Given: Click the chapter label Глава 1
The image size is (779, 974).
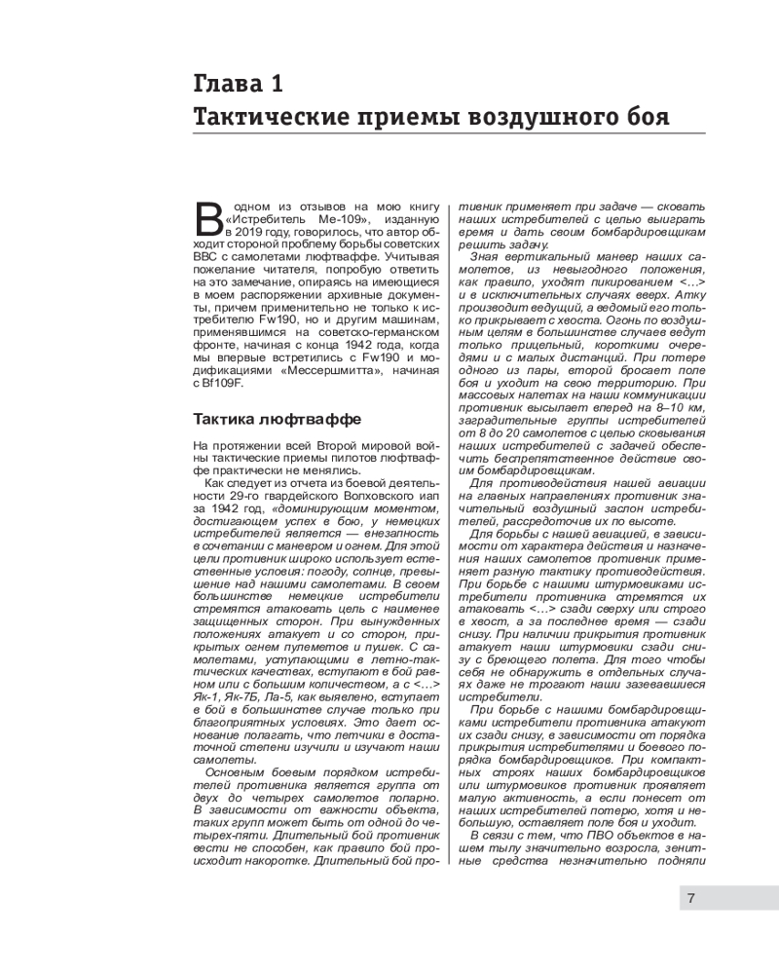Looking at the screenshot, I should tap(238, 83).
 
